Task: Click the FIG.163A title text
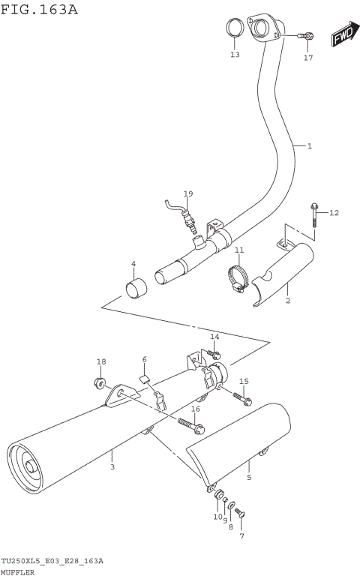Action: (39, 9)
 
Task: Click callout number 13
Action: (235, 55)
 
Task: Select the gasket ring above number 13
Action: (235, 31)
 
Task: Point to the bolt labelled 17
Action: (305, 36)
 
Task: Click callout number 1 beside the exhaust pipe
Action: (309, 145)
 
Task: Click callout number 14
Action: (214, 337)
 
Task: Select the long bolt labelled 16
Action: (191, 425)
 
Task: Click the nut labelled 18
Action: (100, 384)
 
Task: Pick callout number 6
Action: (145, 360)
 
